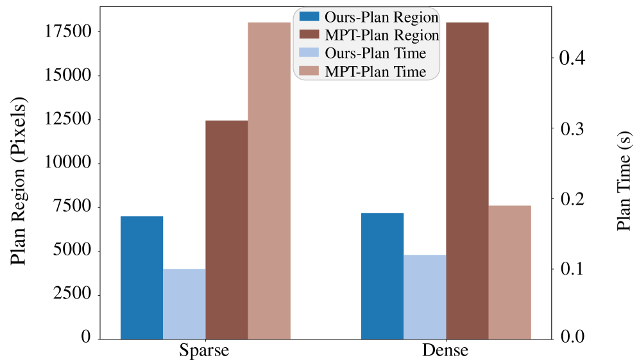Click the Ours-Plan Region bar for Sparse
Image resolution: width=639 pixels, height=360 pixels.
(x=142, y=278)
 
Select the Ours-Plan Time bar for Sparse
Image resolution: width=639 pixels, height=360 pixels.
(x=184, y=304)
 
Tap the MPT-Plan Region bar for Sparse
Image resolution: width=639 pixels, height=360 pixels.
(x=227, y=230)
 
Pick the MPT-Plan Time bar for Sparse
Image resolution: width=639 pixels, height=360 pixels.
(x=269, y=181)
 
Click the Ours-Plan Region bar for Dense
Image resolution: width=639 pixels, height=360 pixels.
(x=382, y=276)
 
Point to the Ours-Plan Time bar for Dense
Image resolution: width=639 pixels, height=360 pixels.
(x=425, y=297)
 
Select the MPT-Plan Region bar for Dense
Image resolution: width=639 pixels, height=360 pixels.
(x=468, y=181)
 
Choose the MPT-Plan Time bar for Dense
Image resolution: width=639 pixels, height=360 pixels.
(x=510, y=272)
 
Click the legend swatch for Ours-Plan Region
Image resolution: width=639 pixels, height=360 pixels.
(x=309, y=17)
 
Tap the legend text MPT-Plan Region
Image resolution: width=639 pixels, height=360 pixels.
(x=382, y=35)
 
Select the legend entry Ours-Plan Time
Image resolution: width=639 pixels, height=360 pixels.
(x=362, y=53)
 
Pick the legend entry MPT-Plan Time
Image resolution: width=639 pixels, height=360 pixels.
(x=362, y=71)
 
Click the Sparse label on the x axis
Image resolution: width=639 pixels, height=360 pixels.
(x=204, y=350)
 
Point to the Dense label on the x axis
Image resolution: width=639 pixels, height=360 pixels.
(x=445, y=350)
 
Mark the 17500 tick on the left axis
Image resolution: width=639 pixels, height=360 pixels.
(x=67, y=31)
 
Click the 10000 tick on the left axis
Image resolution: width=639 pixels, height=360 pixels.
(x=67, y=162)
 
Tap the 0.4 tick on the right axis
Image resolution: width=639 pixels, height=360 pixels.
(x=572, y=58)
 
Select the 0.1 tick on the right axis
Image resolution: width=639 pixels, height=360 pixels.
(x=572, y=269)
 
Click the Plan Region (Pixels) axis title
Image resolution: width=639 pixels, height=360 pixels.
(x=19, y=181)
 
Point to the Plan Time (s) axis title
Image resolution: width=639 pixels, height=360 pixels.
(x=624, y=181)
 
